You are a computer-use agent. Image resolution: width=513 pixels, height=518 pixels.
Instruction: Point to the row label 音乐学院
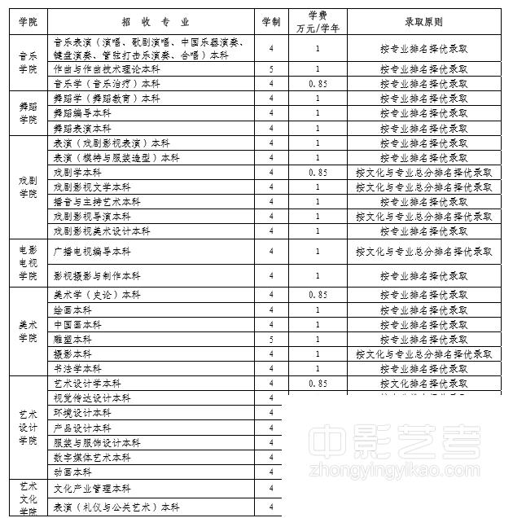point(28,63)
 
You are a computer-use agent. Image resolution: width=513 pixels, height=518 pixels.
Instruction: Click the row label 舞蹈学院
point(28,113)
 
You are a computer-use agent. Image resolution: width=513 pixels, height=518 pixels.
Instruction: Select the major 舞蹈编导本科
point(82,113)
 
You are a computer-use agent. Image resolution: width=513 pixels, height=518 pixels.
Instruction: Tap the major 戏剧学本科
point(77,173)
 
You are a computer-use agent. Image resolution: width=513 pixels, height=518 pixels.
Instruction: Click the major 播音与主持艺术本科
point(97,202)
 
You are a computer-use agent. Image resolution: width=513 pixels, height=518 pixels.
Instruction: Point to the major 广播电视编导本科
point(92,252)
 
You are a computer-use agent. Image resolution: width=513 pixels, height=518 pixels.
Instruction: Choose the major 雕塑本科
point(72,339)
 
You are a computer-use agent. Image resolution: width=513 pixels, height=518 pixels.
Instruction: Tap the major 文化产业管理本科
point(92,489)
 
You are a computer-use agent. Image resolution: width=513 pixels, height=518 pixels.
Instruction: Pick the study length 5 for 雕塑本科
point(271,339)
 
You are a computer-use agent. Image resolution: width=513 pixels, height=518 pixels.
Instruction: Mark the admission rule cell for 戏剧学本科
point(423,173)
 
